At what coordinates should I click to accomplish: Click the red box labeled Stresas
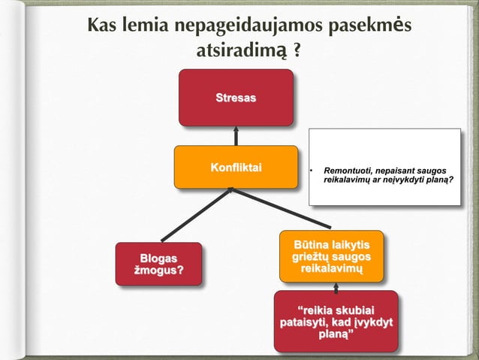pos(235,98)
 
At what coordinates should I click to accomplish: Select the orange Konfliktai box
pos(235,166)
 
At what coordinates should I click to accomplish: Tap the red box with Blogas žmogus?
pos(158,263)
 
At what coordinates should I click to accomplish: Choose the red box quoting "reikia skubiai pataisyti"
pos(335,322)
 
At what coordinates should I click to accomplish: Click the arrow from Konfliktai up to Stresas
pos(235,135)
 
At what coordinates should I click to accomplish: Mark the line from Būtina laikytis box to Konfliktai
pos(282,208)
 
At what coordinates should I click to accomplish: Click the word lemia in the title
pos(145,26)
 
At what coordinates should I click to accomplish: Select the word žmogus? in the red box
pos(158,270)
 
